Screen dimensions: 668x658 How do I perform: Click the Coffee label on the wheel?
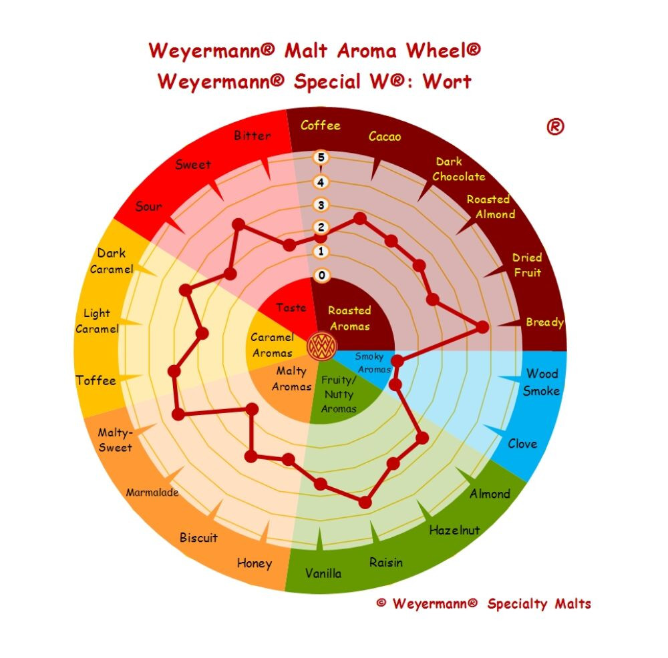point(321,125)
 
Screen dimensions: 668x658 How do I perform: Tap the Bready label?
point(545,322)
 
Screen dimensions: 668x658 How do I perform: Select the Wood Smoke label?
point(542,382)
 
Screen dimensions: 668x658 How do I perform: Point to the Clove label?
point(522,444)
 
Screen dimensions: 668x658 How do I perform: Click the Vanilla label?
point(323,573)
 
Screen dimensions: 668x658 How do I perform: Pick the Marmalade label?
point(152,492)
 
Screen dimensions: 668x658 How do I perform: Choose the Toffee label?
point(96,380)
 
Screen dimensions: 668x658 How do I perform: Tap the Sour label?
point(149,206)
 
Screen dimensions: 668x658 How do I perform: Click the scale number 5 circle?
point(321,157)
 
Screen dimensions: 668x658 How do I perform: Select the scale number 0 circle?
point(322,276)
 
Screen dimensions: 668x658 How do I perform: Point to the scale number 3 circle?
point(321,205)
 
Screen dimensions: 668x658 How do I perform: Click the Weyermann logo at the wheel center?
point(322,346)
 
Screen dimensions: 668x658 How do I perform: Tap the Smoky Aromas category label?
point(373,362)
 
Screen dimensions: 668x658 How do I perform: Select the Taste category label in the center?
point(291,307)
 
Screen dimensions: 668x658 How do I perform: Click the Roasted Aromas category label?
point(349,318)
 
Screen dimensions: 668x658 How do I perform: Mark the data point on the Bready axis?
point(482,327)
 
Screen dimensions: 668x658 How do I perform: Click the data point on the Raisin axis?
point(365,503)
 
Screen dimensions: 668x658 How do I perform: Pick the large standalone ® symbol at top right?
point(555,126)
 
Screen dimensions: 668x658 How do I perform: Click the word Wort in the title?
point(447,81)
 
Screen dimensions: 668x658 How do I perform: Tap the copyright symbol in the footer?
point(381,602)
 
